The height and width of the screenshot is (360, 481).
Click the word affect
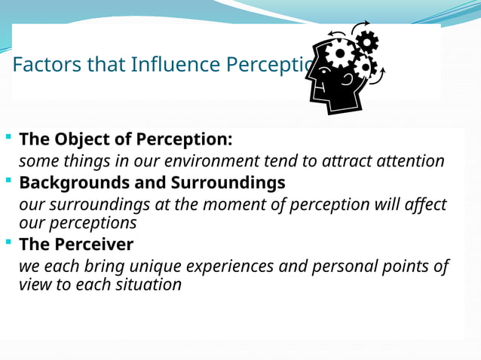[424, 205]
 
